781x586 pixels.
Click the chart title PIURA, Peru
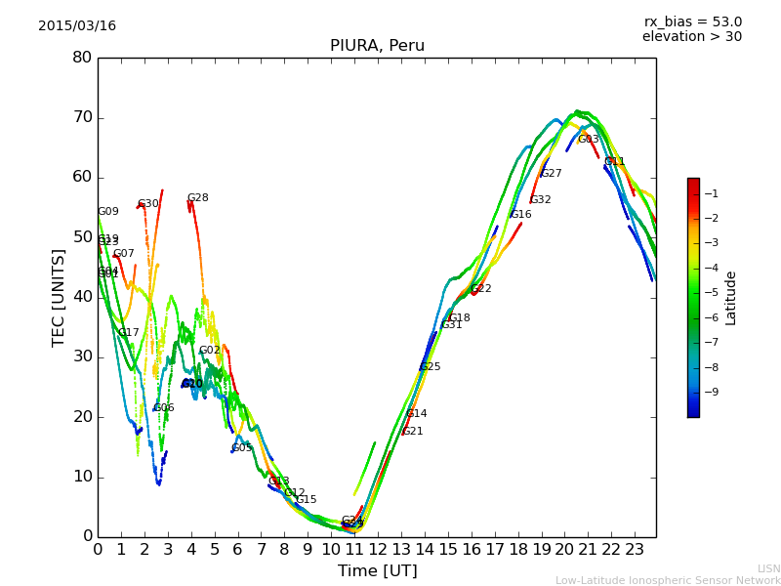click(377, 46)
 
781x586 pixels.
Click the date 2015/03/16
click(77, 26)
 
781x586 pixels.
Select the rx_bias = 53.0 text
click(692, 22)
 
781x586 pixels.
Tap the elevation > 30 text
click(692, 37)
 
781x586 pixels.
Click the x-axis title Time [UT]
click(377, 571)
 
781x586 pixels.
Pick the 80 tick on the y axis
click(82, 58)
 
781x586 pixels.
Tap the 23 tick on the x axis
click(635, 549)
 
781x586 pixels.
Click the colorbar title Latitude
click(731, 298)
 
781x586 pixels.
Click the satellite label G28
click(198, 198)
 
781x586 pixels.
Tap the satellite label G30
click(147, 204)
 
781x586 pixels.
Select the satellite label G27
click(552, 174)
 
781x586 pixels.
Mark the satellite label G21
click(413, 432)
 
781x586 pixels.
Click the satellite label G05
click(242, 448)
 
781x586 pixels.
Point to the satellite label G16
click(521, 215)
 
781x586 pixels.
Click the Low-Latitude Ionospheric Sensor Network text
click(668, 581)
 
